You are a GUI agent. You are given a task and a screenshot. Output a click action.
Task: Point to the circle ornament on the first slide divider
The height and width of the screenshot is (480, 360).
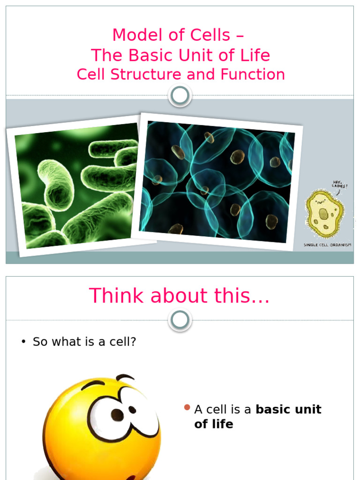180,96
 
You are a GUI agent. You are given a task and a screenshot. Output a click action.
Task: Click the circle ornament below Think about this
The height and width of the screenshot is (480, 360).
180,321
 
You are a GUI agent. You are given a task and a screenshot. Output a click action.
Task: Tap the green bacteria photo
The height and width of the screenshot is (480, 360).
77,187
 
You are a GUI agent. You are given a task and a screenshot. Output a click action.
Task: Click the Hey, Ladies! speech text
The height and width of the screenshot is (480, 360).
340,185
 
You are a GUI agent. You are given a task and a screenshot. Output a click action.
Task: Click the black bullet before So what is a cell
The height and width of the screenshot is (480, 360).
23,342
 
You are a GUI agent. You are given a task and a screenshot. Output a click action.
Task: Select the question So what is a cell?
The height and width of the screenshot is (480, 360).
84,342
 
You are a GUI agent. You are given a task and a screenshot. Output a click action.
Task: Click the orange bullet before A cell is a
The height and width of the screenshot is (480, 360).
187,408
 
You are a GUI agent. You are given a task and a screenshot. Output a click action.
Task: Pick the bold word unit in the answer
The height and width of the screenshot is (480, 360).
306,409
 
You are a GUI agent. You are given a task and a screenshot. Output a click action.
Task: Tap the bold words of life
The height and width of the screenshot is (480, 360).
214,424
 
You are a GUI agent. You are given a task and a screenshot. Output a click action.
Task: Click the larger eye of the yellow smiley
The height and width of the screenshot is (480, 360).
110,415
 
